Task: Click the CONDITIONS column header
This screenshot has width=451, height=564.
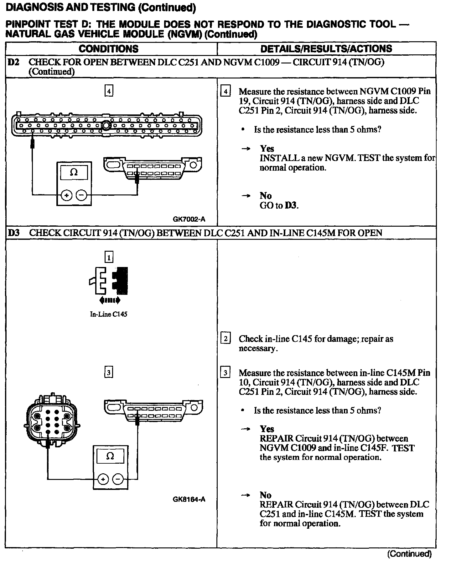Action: point(108,49)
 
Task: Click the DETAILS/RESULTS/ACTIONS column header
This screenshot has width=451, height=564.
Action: point(326,49)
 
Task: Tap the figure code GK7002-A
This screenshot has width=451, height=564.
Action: point(189,219)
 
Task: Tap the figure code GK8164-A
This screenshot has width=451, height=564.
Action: point(189,499)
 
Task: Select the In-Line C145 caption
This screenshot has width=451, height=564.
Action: point(108,314)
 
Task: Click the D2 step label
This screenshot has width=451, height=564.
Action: point(13,62)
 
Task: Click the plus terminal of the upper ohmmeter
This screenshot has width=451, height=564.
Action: point(66,195)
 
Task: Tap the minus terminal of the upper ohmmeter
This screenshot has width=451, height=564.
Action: point(81,195)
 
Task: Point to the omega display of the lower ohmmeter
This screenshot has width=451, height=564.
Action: point(110,456)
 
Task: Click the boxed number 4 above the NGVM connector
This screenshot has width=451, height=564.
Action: point(108,91)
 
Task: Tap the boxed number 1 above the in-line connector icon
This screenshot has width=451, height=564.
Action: point(108,257)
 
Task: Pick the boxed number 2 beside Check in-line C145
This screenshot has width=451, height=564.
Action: point(225,339)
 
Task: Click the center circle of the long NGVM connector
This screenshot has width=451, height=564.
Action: point(106,126)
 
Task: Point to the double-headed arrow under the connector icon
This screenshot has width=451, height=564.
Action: point(109,301)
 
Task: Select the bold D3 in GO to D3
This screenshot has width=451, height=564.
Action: point(291,206)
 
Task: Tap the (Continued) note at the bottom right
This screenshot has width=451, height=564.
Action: point(409,554)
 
